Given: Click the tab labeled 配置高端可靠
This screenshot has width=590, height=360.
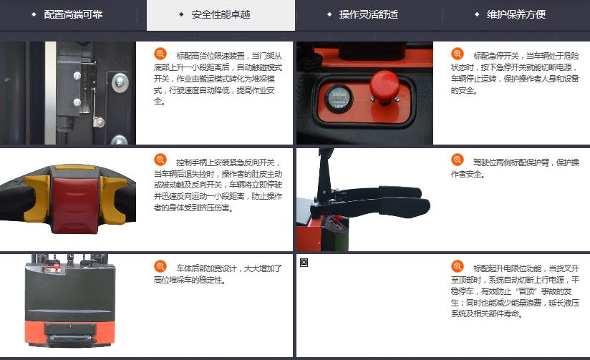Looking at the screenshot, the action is (x=73, y=14).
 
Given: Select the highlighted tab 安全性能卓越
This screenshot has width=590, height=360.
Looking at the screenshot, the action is (x=221, y=15).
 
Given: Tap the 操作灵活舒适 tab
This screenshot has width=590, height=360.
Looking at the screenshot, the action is (x=368, y=14).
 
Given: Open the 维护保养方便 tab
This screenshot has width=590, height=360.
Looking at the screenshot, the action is (x=516, y=14).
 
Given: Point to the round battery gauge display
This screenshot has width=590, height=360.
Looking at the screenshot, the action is (x=338, y=98).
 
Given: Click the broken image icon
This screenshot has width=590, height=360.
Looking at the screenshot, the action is (x=304, y=263).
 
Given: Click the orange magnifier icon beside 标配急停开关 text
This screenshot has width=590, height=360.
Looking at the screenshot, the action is (x=458, y=54).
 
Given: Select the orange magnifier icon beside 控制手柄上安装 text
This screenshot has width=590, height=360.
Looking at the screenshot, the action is (x=160, y=160).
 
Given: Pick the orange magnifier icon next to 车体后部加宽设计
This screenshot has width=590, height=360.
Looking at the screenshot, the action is (x=160, y=266).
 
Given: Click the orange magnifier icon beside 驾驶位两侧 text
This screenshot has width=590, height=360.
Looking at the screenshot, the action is (x=458, y=160).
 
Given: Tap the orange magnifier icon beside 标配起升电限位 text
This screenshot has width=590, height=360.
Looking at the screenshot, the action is (x=458, y=266).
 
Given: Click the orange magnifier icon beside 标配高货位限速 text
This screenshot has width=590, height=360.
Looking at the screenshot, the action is (x=160, y=54).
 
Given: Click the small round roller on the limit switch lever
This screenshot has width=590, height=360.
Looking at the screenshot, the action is (x=99, y=122).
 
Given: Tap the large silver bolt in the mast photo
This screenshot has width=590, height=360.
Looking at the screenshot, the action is (x=120, y=82).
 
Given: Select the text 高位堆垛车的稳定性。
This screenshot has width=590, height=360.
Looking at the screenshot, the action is (x=190, y=281).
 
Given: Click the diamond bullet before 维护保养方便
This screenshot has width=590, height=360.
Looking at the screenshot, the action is (x=477, y=14).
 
